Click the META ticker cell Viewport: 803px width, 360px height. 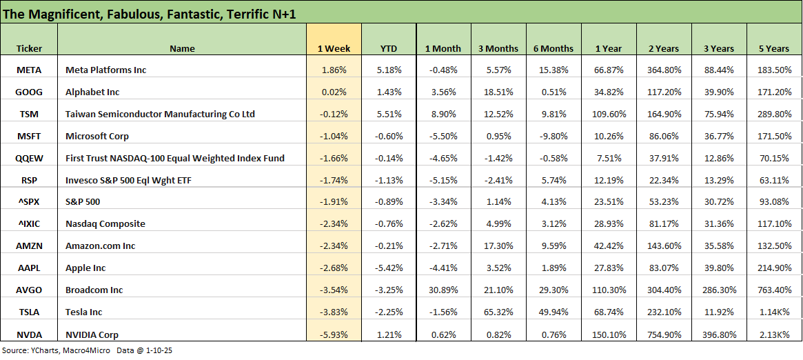tap(28, 70)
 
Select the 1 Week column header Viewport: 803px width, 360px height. tap(334, 48)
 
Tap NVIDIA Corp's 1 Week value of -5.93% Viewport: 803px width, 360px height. tap(336, 334)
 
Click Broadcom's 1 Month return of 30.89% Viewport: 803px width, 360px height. tap(443, 290)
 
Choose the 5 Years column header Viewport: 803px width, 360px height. tap(775, 48)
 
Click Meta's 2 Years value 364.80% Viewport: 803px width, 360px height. tap(664, 70)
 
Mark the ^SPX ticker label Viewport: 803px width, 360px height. tap(28, 201)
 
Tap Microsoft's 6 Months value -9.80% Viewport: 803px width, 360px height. tap(553, 136)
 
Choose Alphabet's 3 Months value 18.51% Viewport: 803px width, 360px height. tap(498, 92)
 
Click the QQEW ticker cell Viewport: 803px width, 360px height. tap(28, 158)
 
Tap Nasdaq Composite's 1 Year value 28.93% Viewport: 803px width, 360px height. tap(609, 223)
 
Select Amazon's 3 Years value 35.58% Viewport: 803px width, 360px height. tap(720, 246)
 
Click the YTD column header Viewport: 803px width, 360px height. tap(389, 48)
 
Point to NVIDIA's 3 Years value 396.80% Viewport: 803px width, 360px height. tap(720, 334)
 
